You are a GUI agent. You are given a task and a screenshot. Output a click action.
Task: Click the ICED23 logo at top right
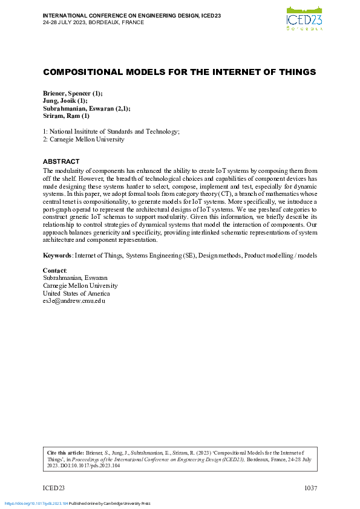click(304, 18)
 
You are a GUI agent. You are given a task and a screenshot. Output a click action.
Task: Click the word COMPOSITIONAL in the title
click(82, 72)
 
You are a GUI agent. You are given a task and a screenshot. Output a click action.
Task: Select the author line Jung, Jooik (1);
click(65, 101)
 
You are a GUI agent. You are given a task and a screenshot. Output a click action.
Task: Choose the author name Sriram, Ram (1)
click(66, 116)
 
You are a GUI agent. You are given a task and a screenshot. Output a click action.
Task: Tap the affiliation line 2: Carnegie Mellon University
click(83, 139)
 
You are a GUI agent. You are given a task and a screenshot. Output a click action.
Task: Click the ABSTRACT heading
click(61, 161)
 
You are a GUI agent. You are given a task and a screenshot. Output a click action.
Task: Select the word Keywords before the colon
click(57, 256)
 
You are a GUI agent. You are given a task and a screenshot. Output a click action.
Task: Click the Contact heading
click(54, 270)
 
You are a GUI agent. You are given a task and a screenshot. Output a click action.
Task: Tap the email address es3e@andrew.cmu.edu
click(74, 300)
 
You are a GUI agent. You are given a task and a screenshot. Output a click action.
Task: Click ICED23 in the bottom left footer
click(54, 488)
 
